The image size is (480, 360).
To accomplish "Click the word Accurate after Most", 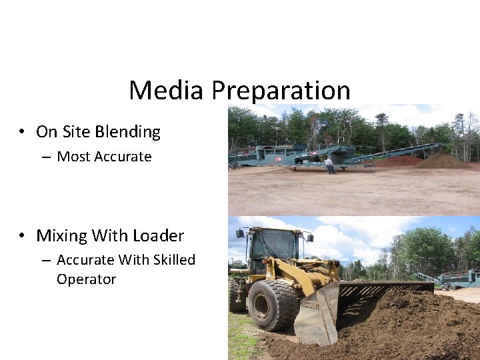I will point(123,157).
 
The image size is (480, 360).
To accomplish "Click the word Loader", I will point(158,235).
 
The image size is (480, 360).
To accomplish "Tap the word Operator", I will point(86,279).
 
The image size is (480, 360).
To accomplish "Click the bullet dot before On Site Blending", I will point(23,132).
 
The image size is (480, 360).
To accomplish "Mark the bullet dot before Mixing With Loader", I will point(23,235).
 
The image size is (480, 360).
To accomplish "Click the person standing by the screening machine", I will point(329,165).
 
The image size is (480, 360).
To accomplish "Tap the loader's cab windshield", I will point(273,245).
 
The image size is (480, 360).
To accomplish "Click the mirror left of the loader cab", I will point(240,233).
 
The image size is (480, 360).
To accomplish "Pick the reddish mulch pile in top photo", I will point(400,161).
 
